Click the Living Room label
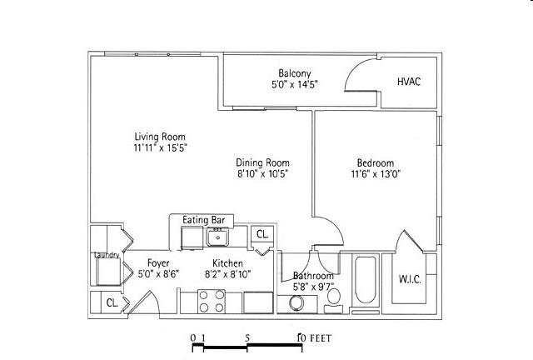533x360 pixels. (160, 137)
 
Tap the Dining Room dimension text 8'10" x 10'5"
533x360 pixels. (263, 174)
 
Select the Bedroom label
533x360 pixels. (376, 163)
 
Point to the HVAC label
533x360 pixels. (409, 82)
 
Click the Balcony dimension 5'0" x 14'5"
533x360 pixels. (295, 84)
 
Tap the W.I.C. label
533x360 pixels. (410, 280)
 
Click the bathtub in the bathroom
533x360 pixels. (366, 280)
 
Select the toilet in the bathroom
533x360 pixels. (334, 299)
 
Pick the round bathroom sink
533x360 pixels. (296, 302)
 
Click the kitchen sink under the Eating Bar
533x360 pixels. (218, 237)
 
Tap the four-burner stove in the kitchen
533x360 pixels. (212, 302)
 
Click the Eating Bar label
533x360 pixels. (203, 220)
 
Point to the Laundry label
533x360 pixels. (107, 255)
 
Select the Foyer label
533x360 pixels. (158, 263)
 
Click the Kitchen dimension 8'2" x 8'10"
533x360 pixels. (227, 274)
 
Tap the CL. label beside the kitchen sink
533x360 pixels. (262, 234)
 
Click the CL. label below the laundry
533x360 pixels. (112, 302)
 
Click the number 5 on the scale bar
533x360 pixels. (247, 337)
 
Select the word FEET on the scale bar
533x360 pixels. (321, 338)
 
